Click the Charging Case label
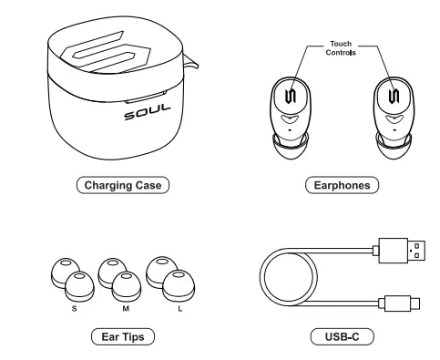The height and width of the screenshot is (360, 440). click(122, 185)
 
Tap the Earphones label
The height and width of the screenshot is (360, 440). click(341, 185)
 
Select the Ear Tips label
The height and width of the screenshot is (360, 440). click(122, 337)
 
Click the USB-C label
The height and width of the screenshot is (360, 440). click(341, 337)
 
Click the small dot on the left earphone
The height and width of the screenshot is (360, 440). click(290, 131)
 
